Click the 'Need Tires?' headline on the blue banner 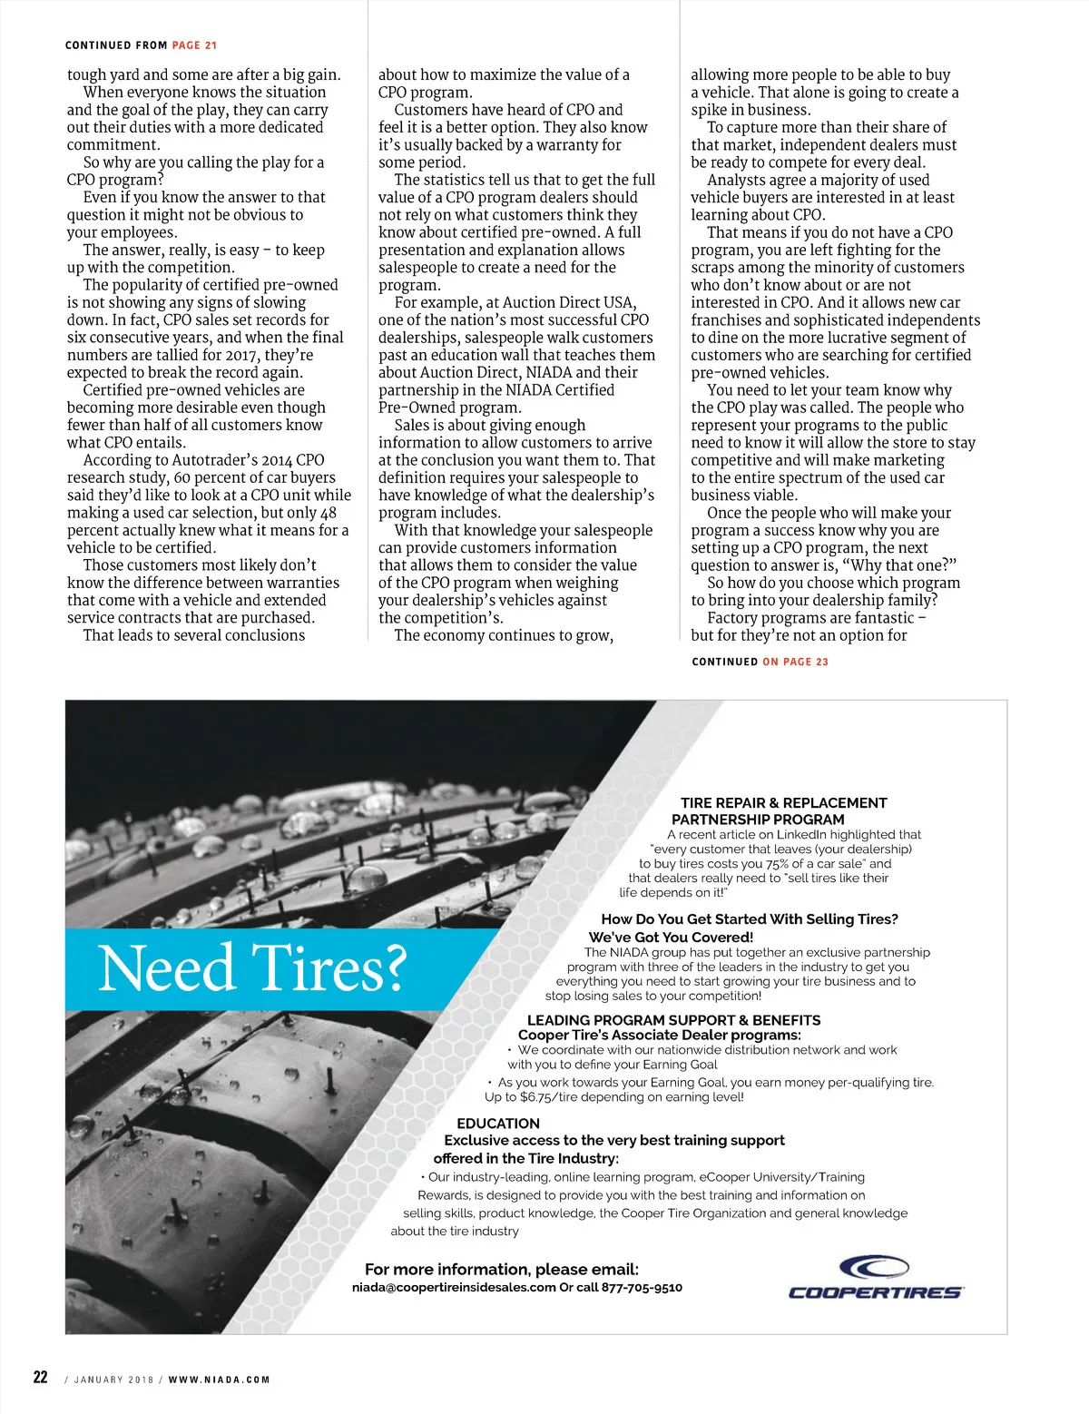[251, 968]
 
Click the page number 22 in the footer [41, 1377]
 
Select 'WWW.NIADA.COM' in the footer [219, 1380]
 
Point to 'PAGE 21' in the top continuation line [194, 45]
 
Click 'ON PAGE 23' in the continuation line [795, 662]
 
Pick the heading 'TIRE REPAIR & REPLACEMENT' [783, 803]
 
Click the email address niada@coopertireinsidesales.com [453, 1287]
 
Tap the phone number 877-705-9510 [642, 1287]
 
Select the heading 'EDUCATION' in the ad [497, 1123]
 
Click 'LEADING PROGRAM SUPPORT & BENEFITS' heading [673, 1020]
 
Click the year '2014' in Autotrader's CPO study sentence [277, 460]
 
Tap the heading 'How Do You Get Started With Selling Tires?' [749, 918]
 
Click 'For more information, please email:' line [501, 1269]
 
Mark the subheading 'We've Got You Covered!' [671, 937]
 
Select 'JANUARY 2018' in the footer [113, 1380]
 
